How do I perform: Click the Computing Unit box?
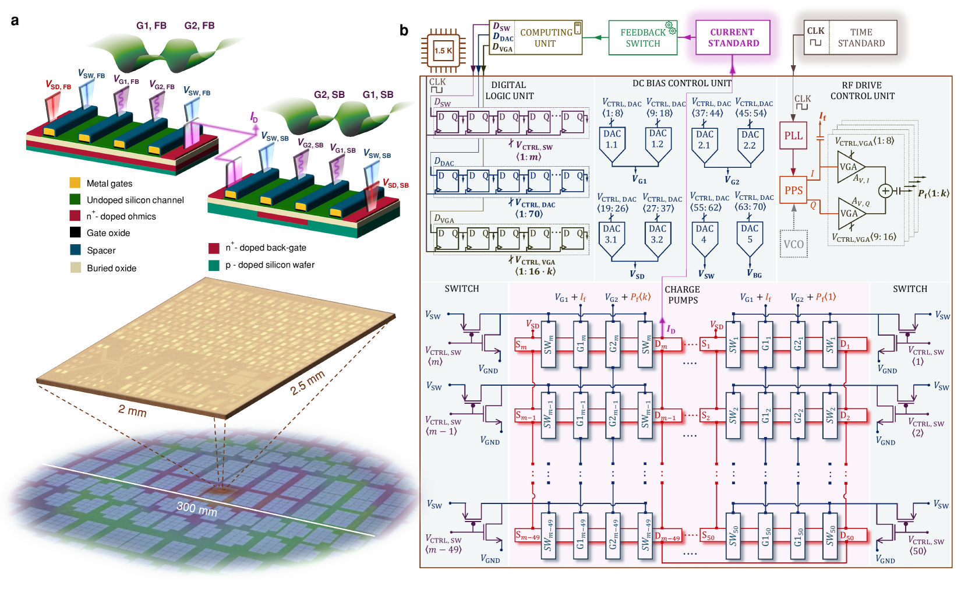[x=536, y=38]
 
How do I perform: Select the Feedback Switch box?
[x=642, y=38]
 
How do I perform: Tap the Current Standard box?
[x=733, y=38]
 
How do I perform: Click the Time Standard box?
[x=850, y=38]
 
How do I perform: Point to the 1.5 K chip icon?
[x=443, y=51]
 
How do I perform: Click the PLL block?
[x=793, y=136]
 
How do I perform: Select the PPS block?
[x=793, y=190]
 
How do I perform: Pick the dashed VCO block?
[x=793, y=244]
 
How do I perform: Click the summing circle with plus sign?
[x=885, y=191]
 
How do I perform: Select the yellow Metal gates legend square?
[x=75, y=183]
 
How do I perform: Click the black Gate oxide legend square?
[x=75, y=232]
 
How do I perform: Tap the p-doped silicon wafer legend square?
[x=214, y=265]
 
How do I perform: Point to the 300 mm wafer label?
[x=197, y=509]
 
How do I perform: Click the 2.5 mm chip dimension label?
[x=307, y=382]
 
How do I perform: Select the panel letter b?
[x=404, y=30]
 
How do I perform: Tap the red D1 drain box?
[x=852, y=345]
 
